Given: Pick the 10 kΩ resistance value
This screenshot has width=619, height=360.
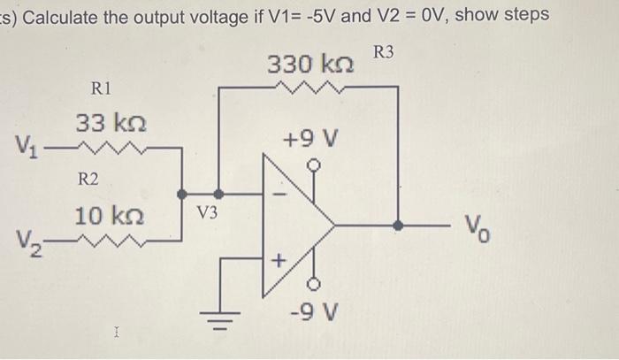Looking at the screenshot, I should click(x=111, y=216).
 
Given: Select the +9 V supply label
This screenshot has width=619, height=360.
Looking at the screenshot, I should click(x=309, y=139).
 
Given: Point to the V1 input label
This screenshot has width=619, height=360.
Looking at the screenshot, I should click(x=27, y=145).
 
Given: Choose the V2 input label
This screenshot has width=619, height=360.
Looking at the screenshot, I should click(x=27, y=241).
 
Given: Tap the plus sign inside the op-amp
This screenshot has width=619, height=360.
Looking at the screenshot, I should click(x=277, y=261).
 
